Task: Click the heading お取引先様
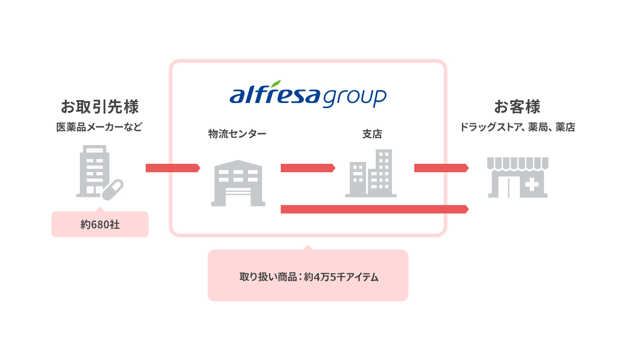(100, 107)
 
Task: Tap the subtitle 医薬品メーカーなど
(99, 127)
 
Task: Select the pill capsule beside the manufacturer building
(113, 189)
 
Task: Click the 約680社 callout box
(100, 224)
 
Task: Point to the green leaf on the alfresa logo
(276, 84)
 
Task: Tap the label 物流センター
(237, 134)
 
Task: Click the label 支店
(372, 134)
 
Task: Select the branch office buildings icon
(371, 174)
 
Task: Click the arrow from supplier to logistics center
(173, 168)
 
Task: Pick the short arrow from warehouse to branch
(308, 168)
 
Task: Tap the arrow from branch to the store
(441, 168)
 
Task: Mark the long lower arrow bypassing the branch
(374, 209)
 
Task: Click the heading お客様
(517, 107)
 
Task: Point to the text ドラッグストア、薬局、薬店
(518, 127)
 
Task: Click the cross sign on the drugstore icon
(532, 185)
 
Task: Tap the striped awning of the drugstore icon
(518, 163)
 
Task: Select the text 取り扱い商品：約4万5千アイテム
(309, 277)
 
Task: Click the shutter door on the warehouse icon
(238, 194)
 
